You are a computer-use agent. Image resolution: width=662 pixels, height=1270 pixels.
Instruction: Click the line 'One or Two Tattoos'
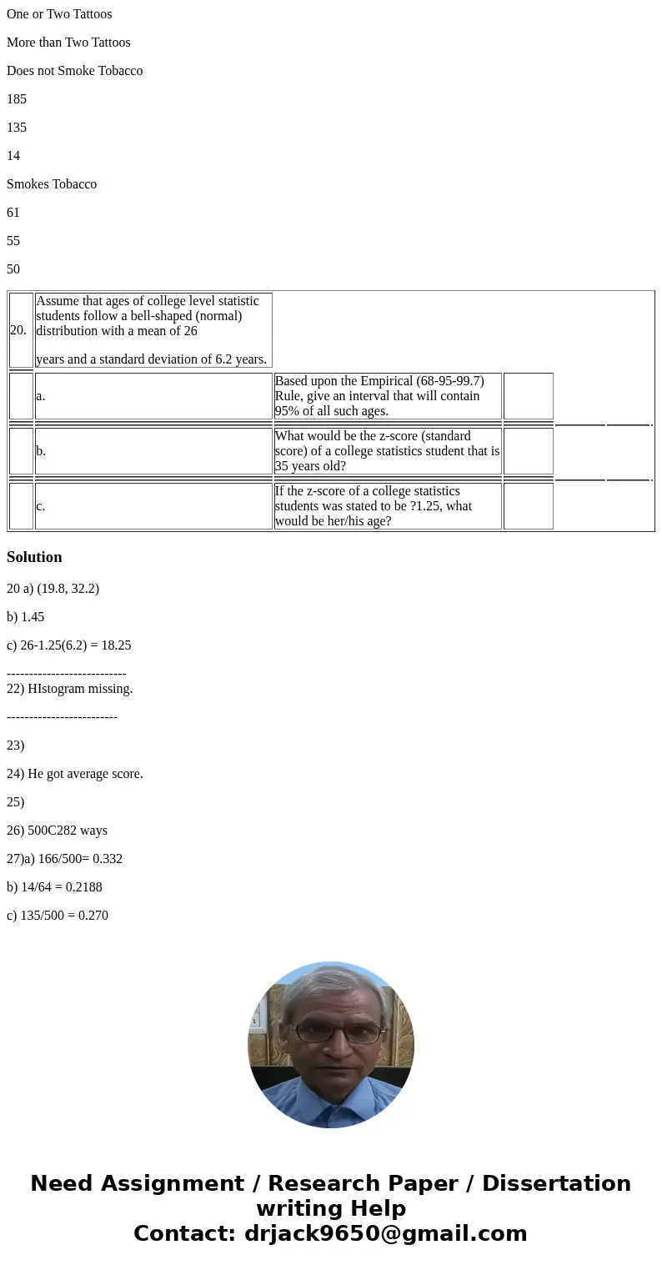(x=59, y=14)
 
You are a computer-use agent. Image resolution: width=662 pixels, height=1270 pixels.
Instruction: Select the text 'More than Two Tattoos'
(x=68, y=43)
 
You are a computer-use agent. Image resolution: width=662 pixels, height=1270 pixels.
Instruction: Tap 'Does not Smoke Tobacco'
(x=74, y=71)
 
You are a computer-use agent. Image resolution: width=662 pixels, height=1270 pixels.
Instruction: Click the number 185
(x=17, y=99)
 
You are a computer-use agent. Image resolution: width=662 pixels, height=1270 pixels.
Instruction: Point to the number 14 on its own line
(x=13, y=156)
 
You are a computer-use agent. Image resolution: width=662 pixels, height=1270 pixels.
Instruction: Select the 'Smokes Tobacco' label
(x=52, y=184)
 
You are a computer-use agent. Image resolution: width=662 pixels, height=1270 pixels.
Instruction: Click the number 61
(x=13, y=213)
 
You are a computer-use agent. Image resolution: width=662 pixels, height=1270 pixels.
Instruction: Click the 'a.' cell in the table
(x=153, y=396)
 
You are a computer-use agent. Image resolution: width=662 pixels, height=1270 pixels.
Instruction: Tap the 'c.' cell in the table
(x=153, y=506)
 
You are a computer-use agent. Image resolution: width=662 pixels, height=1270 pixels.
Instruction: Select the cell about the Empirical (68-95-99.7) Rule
(x=388, y=396)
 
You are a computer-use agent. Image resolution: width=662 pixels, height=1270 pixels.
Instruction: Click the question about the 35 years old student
(x=388, y=451)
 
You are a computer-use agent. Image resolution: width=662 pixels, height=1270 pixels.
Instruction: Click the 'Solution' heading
(x=34, y=557)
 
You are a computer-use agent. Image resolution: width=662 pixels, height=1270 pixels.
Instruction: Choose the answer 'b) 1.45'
(x=26, y=617)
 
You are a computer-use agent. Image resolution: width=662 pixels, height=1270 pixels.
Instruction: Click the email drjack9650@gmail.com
(x=385, y=1233)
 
